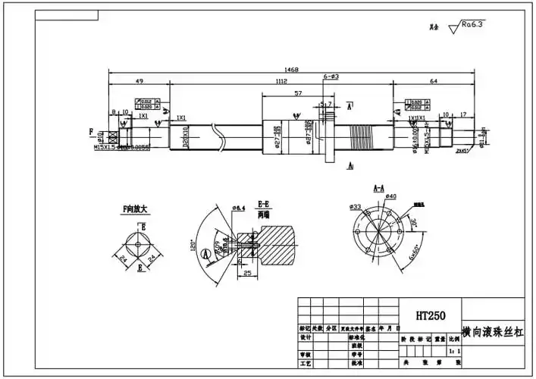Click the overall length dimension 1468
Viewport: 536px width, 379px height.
291,70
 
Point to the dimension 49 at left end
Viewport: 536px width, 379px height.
139,81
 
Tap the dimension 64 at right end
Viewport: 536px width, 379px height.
434,81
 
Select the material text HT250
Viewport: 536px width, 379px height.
430,315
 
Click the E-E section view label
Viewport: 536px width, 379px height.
265,204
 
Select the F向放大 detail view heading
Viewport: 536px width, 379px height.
137,208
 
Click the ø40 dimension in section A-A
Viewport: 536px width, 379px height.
392,197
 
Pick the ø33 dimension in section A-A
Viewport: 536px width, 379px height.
355,206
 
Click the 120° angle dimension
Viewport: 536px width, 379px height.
193,245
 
